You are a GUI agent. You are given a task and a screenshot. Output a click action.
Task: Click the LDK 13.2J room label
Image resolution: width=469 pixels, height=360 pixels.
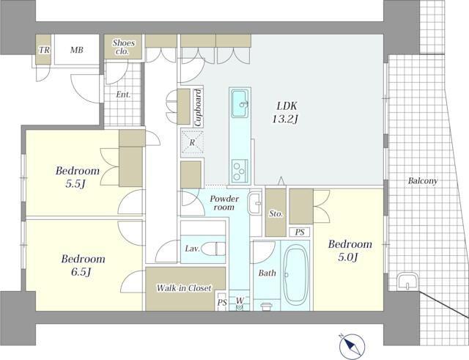click(286, 112)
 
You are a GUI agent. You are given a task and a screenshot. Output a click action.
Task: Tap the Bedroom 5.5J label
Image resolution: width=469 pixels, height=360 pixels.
click(78, 177)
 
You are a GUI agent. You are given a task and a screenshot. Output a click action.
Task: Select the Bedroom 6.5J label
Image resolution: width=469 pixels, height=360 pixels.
click(83, 265)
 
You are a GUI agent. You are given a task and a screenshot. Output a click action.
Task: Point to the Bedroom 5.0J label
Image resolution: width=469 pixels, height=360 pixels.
click(350, 250)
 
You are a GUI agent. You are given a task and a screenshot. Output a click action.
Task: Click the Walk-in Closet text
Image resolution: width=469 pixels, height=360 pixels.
click(184, 288)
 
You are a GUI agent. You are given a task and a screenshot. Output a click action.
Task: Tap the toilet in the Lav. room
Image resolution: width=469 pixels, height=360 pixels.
click(213, 249)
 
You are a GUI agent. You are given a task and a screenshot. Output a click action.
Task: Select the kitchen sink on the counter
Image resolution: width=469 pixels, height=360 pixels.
click(240, 103)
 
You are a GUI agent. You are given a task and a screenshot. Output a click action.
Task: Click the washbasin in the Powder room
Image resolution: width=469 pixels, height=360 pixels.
click(255, 203)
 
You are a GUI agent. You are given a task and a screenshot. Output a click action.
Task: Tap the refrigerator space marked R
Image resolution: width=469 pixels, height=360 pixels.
click(192, 143)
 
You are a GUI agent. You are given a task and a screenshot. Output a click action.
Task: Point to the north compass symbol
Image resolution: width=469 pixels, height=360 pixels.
click(352, 345)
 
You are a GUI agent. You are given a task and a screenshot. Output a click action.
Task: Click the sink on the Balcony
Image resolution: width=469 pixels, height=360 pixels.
click(407, 282)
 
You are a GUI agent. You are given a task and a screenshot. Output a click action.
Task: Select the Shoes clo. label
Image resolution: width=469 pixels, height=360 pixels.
click(123, 47)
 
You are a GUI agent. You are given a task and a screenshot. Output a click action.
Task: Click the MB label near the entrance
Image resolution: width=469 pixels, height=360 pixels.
click(77, 50)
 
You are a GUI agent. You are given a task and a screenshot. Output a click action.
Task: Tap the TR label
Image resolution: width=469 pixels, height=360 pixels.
click(44, 50)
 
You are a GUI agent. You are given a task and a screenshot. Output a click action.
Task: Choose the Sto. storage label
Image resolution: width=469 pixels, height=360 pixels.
click(276, 213)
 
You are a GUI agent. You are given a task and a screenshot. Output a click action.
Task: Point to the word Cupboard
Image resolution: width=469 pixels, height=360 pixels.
click(198, 108)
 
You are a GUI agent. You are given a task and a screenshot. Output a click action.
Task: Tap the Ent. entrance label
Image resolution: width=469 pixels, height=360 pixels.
click(123, 95)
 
